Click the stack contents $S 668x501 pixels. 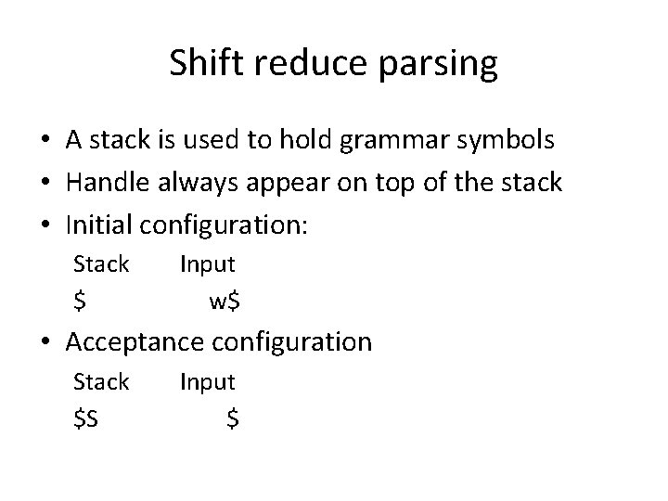[87, 418]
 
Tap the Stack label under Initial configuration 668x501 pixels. [101, 264]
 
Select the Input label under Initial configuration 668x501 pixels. [207, 265]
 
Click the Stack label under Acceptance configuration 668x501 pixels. [101, 381]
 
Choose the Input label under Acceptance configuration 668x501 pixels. [207, 382]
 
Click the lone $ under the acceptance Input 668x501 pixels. [233, 418]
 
